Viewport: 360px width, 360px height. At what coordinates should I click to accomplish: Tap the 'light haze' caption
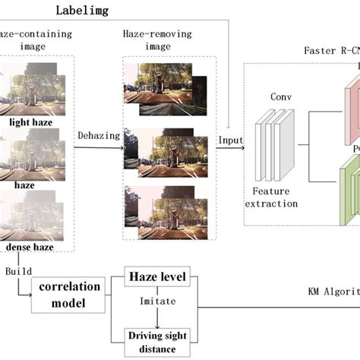(x=36, y=122)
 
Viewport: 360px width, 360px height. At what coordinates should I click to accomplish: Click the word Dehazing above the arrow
(x=99, y=134)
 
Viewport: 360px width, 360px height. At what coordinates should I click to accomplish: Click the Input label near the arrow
(x=230, y=141)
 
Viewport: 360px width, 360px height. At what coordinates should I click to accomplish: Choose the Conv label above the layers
(x=281, y=97)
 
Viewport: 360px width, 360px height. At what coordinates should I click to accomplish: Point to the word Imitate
(x=158, y=301)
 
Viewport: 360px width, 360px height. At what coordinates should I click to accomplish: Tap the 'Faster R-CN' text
(x=330, y=51)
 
